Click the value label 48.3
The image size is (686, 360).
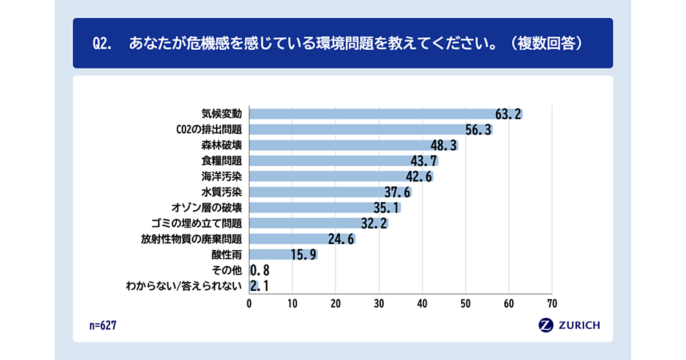point(444,145)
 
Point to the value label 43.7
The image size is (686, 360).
point(424,161)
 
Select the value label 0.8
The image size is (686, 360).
point(260,270)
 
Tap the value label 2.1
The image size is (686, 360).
point(260,286)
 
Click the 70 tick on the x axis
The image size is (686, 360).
point(552,303)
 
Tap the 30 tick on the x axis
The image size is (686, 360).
point(379,303)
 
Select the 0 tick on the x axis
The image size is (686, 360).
point(249,303)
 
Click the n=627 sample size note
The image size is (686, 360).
point(103,325)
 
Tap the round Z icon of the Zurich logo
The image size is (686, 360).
point(546,325)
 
